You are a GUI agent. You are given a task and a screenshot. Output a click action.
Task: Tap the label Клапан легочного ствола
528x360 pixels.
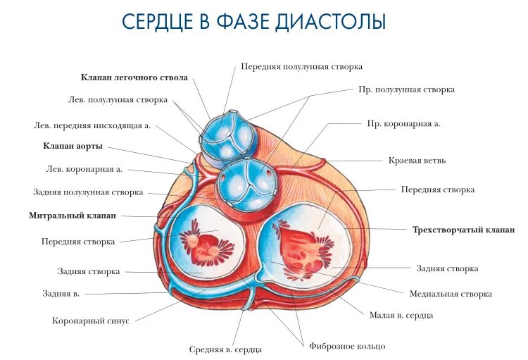click(x=134, y=77)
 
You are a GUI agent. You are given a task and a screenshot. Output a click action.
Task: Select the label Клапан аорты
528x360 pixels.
click(x=73, y=146)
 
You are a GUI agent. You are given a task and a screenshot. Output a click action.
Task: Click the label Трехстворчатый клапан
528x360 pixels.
click(x=463, y=230)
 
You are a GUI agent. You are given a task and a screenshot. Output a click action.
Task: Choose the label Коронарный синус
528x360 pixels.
click(x=91, y=321)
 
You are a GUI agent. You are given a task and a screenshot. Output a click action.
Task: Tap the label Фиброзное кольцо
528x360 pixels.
click(x=347, y=346)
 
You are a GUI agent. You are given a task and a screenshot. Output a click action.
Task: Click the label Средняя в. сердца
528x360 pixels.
click(x=226, y=349)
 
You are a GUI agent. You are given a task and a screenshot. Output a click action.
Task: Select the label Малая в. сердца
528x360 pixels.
click(x=401, y=316)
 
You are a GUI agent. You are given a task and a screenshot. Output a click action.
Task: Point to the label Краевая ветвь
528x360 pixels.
click(x=417, y=160)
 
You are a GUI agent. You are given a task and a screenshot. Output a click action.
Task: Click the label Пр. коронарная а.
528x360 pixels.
click(x=403, y=123)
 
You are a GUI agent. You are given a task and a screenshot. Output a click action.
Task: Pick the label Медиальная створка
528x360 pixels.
click(x=451, y=294)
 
